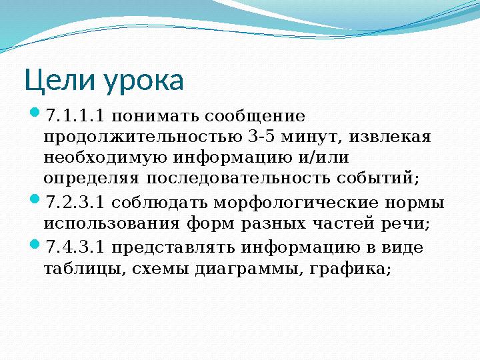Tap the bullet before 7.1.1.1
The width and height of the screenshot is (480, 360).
pyautogui.click(x=35, y=112)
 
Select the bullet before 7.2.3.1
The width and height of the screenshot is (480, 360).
pyautogui.click(x=35, y=199)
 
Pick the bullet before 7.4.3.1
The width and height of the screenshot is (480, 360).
pyautogui.click(x=35, y=244)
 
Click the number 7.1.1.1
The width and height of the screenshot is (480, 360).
pyautogui.click(x=75, y=116)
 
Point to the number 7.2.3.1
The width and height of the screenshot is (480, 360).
pyautogui.click(x=75, y=203)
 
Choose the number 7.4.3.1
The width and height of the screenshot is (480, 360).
pyautogui.click(x=75, y=247)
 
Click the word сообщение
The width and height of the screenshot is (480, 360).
pyautogui.click(x=255, y=117)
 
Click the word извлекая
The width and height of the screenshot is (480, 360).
pyautogui.click(x=390, y=137)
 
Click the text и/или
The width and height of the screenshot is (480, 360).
pyautogui.click(x=323, y=157)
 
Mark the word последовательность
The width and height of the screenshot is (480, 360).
pyautogui.click(x=238, y=179)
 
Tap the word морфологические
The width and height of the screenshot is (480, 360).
pyautogui.click(x=296, y=204)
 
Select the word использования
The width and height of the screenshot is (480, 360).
pyautogui.click(x=111, y=224)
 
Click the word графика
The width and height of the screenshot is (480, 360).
pyautogui.click(x=350, y=269)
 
